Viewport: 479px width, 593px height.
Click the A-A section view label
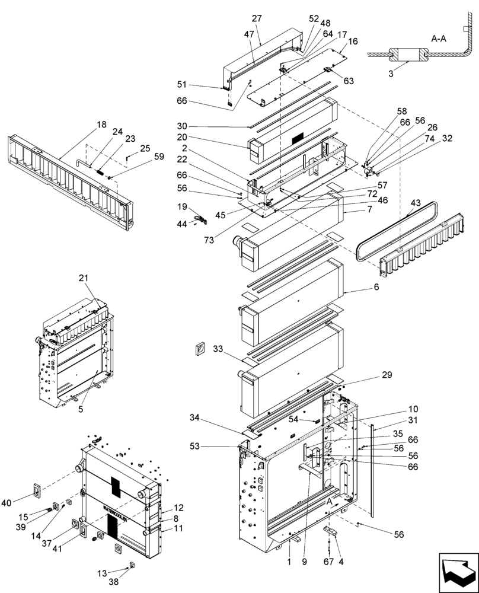click(439, 39)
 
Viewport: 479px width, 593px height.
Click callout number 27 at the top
click(256, 18)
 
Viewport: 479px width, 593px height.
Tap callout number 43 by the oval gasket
click(415, 203)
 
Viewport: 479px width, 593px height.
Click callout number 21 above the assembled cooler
click(84, 278)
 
